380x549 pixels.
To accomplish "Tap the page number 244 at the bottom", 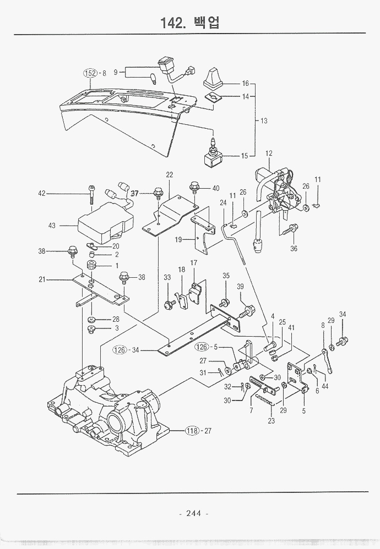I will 193,513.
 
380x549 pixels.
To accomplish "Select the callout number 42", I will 41,193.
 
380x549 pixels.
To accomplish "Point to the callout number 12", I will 269,153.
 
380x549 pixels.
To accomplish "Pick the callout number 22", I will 170,175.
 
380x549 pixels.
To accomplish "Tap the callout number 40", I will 215,188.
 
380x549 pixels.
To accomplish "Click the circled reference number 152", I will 90,73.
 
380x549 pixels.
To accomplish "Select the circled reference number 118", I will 191,430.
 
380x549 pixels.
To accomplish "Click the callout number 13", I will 264,120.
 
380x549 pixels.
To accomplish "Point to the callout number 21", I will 42,279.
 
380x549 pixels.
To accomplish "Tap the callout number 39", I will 240,287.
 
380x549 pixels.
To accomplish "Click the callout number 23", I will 271,421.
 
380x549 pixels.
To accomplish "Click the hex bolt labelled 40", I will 194,188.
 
